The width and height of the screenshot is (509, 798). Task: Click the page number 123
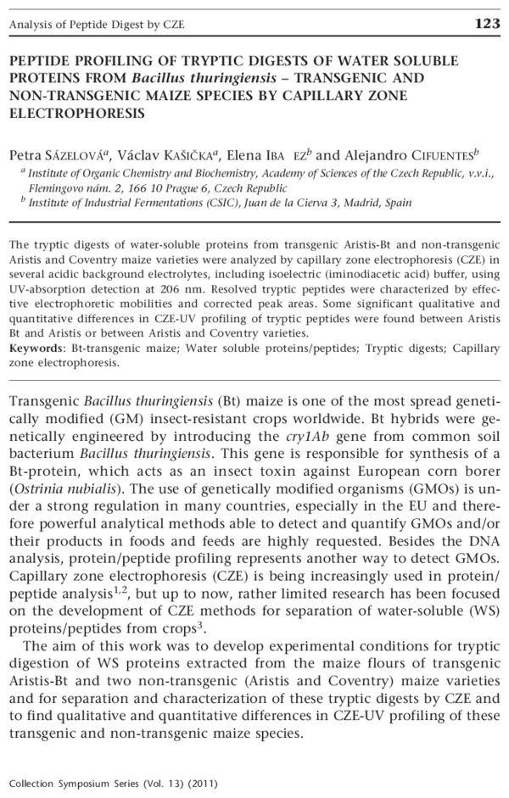[488, 24]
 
